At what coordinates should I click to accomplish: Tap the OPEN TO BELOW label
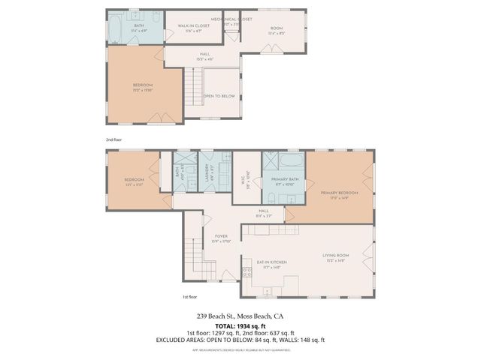click(x=219, y=96)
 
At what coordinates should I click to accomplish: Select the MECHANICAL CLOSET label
click(x=231, y=19)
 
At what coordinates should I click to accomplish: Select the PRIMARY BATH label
click(x=283, y=181)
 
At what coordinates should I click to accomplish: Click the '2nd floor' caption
click(x=113, y=139)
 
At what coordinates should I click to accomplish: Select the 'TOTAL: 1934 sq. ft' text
click(x=240, y=325)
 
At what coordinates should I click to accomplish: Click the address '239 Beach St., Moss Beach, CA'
click(x=240, y=316)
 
